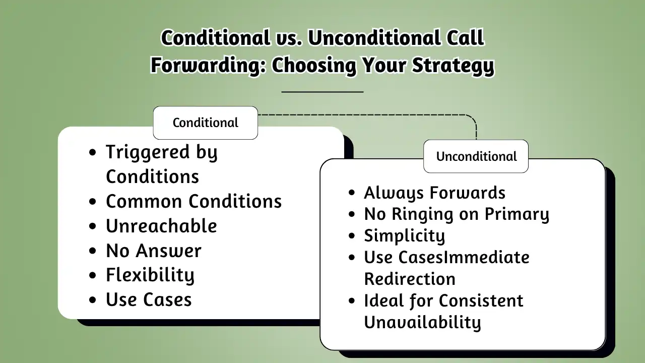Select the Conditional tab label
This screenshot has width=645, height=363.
[x=205, y=123]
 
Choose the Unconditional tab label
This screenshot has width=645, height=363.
[x=476, y=156]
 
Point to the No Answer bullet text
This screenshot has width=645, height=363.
[x=154, y=251]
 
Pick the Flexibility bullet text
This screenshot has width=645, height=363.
[x=150, y=275]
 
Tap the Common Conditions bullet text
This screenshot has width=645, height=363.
[x=194, y=201]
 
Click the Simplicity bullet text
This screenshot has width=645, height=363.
[x=405, y=235]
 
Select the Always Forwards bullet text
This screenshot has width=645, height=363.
[x=434, y=193]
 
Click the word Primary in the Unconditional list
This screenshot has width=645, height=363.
[x=517, y=214]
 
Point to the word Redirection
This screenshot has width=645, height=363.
[x=410, y=279]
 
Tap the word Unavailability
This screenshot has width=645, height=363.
[x=422, y=322]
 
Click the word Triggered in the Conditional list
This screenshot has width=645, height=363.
[x=148, y=152]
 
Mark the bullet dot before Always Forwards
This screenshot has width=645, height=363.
[x=352, y=193]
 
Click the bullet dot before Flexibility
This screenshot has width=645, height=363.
[x=92, y=275]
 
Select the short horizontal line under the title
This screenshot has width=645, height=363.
[x=322, y=92]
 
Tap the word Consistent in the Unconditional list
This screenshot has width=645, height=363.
[x=481, y=300]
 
